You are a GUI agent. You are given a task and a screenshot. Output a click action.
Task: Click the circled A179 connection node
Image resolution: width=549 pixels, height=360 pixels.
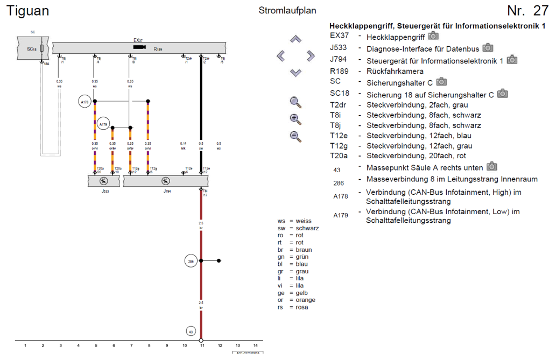pyautogui.click(x=103, y=124)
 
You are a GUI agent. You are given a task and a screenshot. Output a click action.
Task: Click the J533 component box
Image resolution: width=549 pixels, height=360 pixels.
pyautogui.click(x=103, y=181)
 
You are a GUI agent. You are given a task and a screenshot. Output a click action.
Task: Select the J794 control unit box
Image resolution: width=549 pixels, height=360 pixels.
pyautogui.click(x=166, y=181)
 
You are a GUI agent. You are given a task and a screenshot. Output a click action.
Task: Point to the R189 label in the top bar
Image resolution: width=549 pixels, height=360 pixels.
pyautogui.click(x=158, y=49)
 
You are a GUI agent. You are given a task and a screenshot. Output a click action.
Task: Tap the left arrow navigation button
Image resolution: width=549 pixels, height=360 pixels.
pyautogui.click(x=280, y=55)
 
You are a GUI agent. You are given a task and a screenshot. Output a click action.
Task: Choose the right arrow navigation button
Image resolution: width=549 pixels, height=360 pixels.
pyautogui.click(x=311, y=55)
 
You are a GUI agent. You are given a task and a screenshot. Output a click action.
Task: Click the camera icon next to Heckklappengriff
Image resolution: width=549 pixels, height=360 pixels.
pyautogui.click(x=433, y=37)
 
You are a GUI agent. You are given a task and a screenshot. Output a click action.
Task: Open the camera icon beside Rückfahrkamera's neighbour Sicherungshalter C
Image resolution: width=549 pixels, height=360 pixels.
pyautogui.click(x=441, y=81)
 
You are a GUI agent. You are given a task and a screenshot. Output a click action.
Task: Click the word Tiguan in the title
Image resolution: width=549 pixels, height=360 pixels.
pyautogui.click(x=27, y=11)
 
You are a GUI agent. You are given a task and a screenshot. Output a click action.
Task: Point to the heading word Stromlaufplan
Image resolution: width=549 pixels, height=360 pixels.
pyautogui.click(x=287, y=10)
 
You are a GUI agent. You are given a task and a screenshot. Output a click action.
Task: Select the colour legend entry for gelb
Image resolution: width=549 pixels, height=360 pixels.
pyautogui.click(x=294, y=292)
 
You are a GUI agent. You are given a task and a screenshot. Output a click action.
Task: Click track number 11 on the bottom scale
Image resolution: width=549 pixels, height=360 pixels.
pyautogui.click(x=201, y=345)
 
